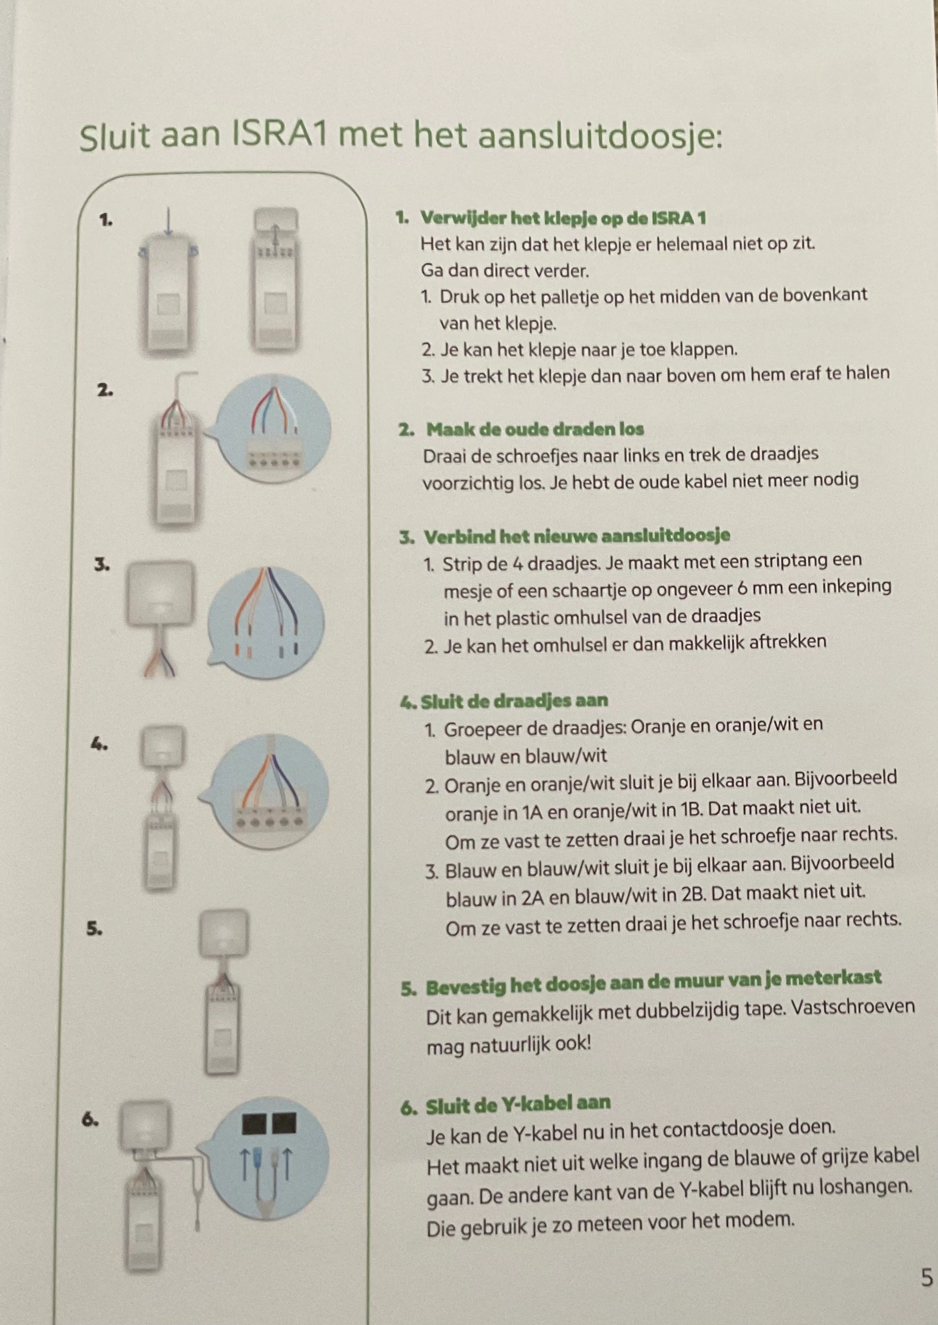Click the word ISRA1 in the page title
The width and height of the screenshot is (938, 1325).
(280, 135)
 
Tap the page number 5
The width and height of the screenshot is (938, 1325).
(927, 1278)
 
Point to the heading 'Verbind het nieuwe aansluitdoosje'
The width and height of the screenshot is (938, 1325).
(577, 536)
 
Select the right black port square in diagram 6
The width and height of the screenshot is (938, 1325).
(284, 1123)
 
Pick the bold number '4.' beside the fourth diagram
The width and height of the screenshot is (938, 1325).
(99, 744)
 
